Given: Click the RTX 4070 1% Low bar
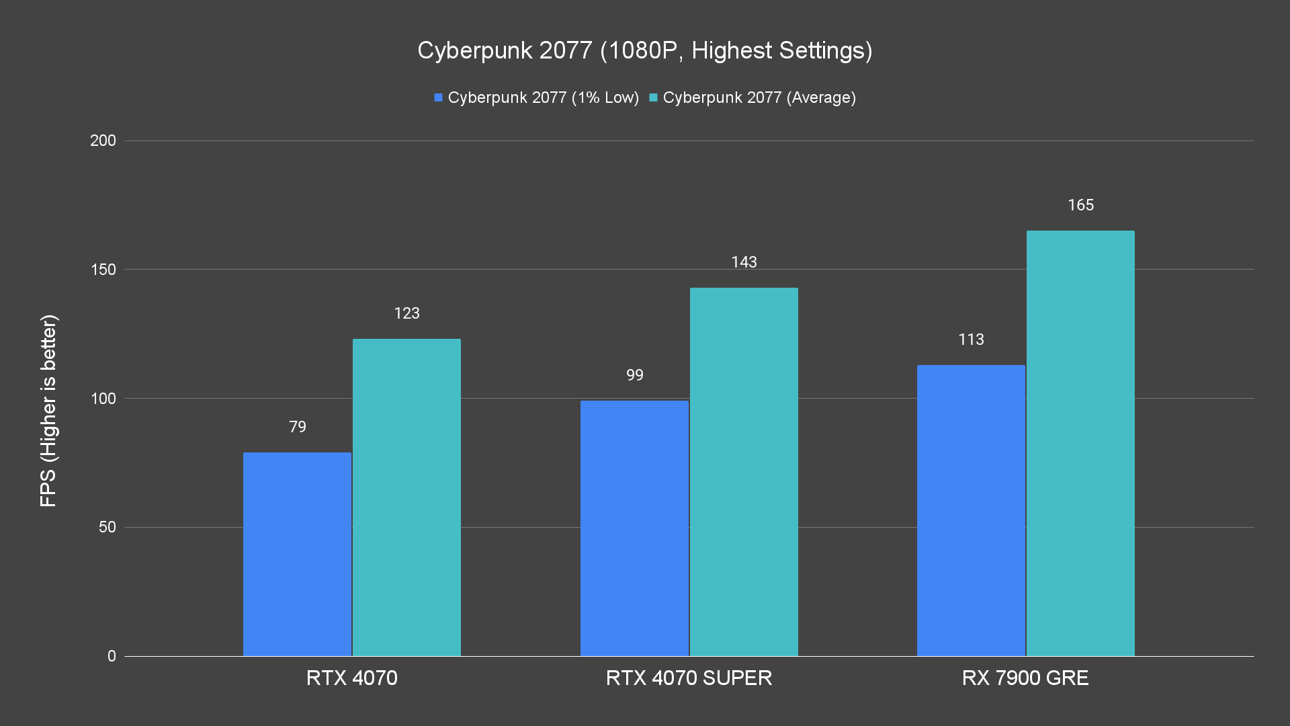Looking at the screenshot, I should tap(297, 554).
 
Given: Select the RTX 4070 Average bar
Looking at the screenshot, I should tap(406, 497).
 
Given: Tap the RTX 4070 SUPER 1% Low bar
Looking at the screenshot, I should tap(634, 528).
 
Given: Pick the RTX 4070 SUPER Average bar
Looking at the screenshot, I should tap(744, 472).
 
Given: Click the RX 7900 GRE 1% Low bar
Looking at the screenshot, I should tap(971, 510).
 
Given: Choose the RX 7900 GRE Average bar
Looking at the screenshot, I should tap(1080, 444).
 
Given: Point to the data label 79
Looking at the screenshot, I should tap(298, 427).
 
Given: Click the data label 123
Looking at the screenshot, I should tap(406, 313).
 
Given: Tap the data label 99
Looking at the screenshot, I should tap(635, 375).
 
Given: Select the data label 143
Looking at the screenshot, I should tap(744, 262).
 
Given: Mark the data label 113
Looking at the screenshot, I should tap(971, 339).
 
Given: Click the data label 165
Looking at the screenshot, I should tap(1080, 205).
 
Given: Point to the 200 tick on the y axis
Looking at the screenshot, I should tap(103, 140).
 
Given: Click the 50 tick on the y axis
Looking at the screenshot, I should tap(107, 527).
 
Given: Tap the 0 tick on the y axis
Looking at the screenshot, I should tap(112, 656).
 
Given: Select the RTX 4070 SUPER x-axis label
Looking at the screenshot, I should tap(689, 678).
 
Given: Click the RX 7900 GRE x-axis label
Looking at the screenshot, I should tap(1025, 678).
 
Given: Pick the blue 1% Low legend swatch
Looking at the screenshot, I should tap(439, 97).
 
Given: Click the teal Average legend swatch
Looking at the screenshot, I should tap(653, 97).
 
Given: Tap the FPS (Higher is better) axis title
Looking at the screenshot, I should tap(48, 410).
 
